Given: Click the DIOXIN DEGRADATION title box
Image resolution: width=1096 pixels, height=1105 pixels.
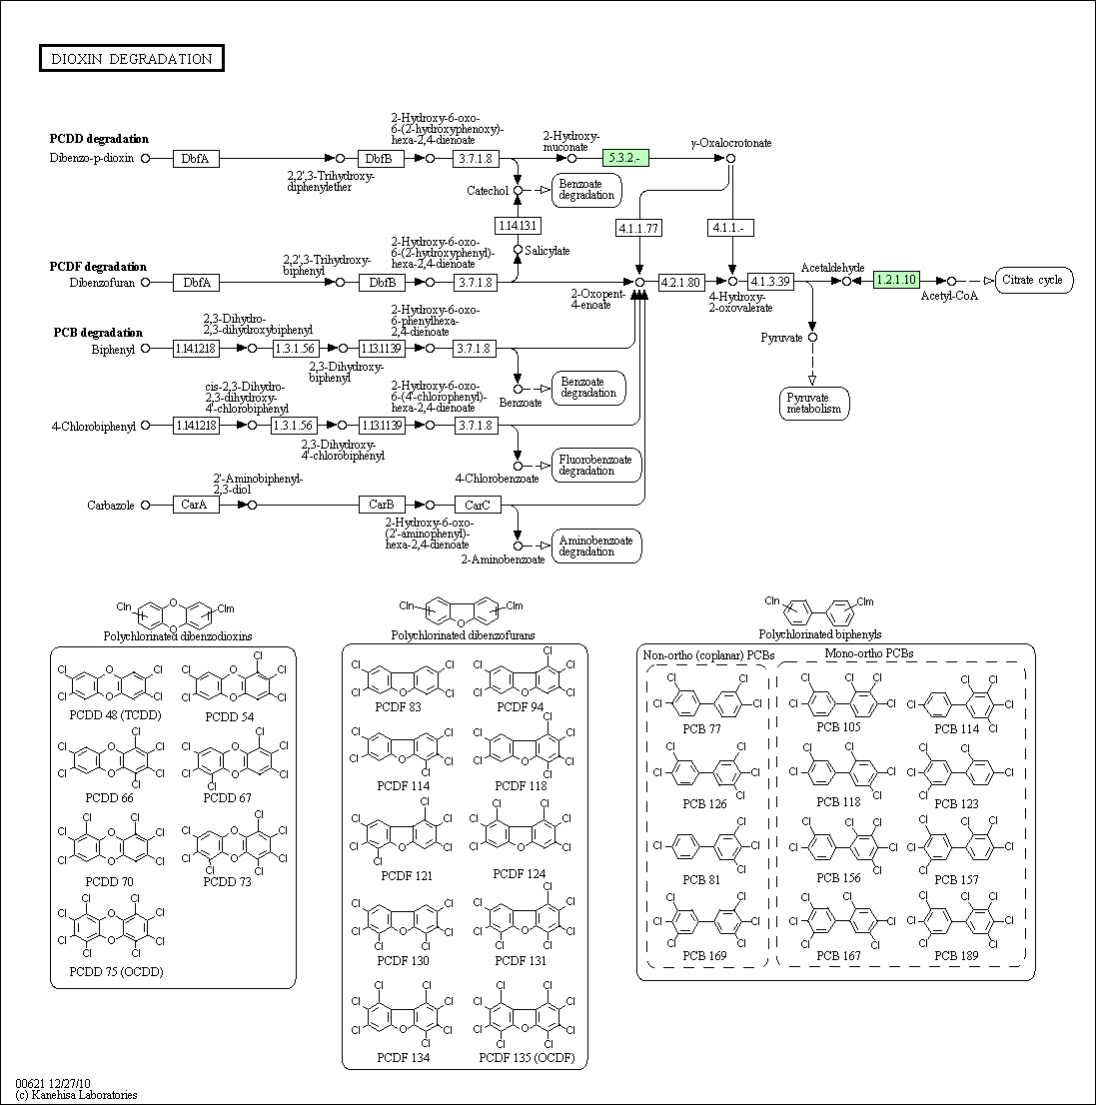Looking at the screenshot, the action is point(132,59).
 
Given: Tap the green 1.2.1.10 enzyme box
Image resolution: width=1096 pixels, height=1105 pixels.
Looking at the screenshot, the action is point(896,280).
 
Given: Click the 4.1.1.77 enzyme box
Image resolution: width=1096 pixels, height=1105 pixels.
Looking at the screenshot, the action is point(638,228).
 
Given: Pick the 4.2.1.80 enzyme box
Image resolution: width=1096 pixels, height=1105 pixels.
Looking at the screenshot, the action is point(680,282).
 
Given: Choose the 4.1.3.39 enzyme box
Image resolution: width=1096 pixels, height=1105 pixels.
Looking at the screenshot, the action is point(770,282).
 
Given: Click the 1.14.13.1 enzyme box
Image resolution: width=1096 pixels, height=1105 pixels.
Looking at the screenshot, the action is point(518,226).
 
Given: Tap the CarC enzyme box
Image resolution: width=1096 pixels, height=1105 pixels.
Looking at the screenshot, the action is point(478,505).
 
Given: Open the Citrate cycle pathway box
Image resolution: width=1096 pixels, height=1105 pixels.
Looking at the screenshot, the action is point(1033,280).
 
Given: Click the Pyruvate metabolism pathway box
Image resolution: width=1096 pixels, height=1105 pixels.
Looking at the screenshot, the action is point(814,403).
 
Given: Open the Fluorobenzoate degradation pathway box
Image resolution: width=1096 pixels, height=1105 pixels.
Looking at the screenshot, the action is point(596,466).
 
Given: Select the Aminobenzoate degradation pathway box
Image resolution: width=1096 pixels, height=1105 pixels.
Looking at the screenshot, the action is point(596,547).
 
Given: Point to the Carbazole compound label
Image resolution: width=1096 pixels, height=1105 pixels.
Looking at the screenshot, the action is point(111,506).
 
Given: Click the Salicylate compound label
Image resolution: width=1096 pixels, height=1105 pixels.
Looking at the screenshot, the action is point(547,251).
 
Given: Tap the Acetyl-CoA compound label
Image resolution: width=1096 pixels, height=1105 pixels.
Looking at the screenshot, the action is point(949,296).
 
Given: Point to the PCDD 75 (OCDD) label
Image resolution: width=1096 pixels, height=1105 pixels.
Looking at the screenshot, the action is point(116,972).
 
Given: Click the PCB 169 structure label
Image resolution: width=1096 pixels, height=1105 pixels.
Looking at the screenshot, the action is point(704,955).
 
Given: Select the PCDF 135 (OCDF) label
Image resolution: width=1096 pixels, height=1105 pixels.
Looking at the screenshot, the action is point(527,1057).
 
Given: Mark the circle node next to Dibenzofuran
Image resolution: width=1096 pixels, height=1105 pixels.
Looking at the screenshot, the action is point(145,283).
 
